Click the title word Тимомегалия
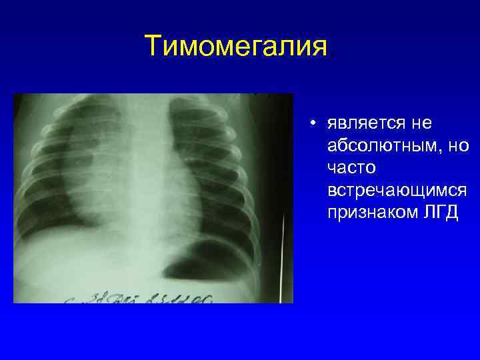(236, 47)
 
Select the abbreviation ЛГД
(438, 213)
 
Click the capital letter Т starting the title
(153, 47)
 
